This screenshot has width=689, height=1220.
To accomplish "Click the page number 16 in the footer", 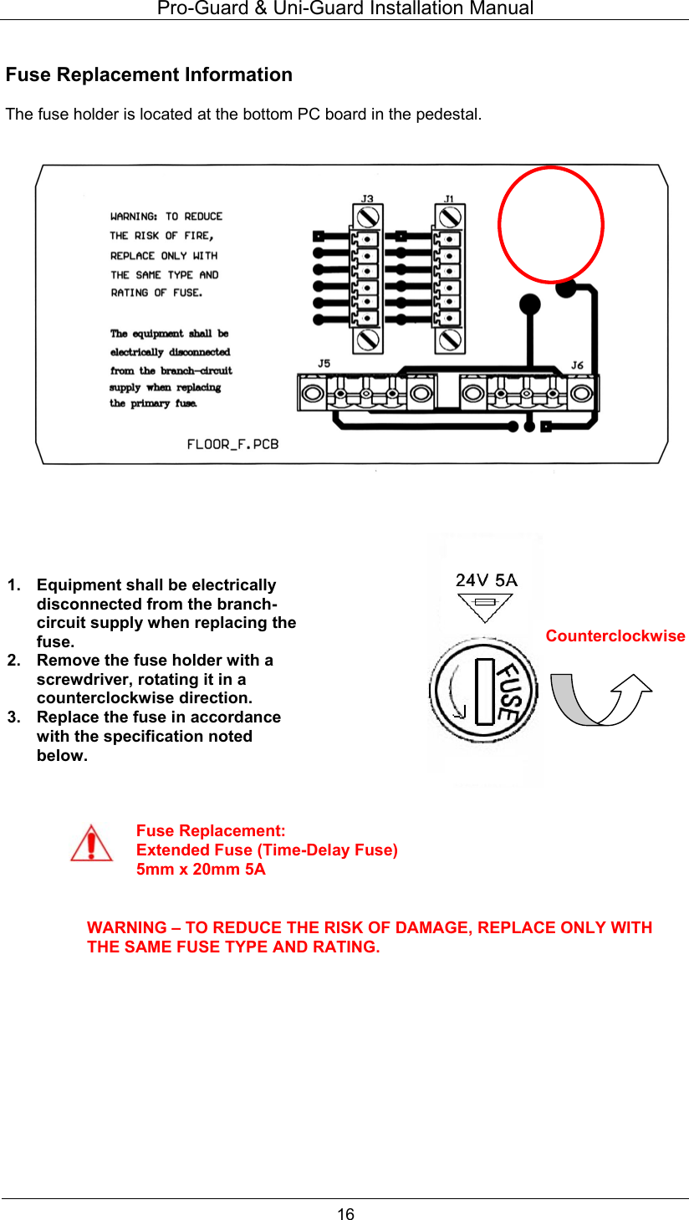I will coord(345,1213).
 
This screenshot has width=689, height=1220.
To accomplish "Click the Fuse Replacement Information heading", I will coord(149,74).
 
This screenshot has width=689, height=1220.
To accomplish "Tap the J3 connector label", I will coord(367,199).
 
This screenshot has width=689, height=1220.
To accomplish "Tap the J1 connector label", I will coord(449,199).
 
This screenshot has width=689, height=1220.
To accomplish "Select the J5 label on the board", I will coord(324,363).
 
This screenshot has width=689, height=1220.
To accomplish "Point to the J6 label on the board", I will coord(577,365).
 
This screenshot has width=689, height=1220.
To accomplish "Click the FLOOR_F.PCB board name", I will coord(232,444).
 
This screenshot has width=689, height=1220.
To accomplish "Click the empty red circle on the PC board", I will coord(550,224).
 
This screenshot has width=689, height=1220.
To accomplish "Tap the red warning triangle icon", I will coord(91,843).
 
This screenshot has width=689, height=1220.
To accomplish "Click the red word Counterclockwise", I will coord(615,636).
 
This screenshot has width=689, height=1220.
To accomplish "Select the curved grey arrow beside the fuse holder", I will coord(600,698).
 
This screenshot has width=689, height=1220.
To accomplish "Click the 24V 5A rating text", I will coord(486,579).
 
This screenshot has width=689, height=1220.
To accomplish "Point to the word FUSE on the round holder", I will coord(507,692).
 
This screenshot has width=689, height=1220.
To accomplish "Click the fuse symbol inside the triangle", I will coord(485,602).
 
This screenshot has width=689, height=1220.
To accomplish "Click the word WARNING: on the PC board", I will coord(134,217).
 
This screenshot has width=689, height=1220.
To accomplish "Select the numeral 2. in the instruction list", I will coord(13,660).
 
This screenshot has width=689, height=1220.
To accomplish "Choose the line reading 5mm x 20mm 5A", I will coord(201,869).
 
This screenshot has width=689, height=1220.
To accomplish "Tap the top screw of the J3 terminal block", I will coord(367,217).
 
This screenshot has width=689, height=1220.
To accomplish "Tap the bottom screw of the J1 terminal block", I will coord(449,339).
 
